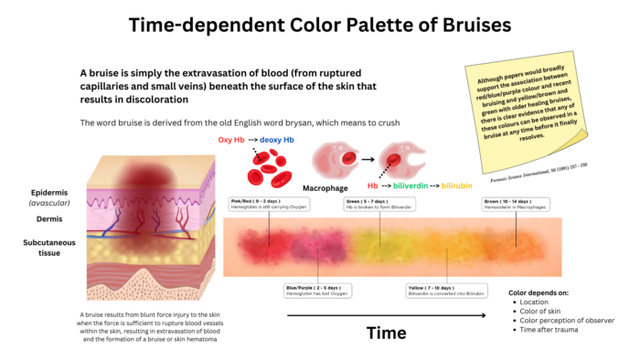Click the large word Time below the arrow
click(386, 333)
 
